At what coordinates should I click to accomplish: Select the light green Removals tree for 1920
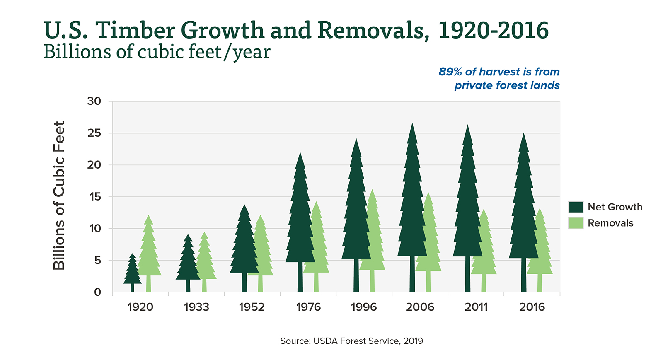tap(149, 253)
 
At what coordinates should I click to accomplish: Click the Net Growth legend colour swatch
tap(576, 207)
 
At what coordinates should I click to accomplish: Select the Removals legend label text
tap(610, 223)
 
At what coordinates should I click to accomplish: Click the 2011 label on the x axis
tap(476, 307)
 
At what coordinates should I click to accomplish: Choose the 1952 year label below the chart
tap(252, 307)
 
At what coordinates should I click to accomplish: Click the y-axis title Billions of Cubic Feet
tap(59, 196)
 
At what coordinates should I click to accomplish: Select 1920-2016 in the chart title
tap(493, 31)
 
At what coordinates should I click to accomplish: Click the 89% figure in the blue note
tap(450, 72)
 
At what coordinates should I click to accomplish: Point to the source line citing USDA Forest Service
tap(351, 341)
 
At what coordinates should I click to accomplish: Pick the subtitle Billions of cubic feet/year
tap(157, 52)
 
